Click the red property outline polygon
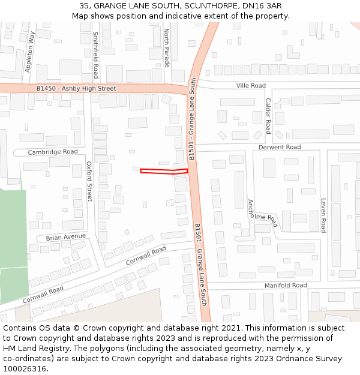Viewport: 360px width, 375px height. click(164, 171)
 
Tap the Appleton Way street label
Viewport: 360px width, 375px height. click(28, 53)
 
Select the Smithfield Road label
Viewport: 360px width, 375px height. click(95, 56)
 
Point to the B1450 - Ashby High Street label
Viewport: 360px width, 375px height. click(76, 89)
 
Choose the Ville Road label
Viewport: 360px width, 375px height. click(251, 86)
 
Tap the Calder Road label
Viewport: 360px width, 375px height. click(268, 116)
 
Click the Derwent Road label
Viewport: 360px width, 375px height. click(279, 147)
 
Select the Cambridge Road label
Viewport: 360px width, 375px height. click(53, 152)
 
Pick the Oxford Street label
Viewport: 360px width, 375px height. click(89, 181)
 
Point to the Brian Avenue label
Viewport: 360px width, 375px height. click(66, 237)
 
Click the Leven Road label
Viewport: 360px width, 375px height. click(323, 215)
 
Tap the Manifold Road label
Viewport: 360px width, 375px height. click(286, 285)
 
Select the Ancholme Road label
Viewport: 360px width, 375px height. click(263, 214)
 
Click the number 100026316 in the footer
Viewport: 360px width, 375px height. click(25, 369)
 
